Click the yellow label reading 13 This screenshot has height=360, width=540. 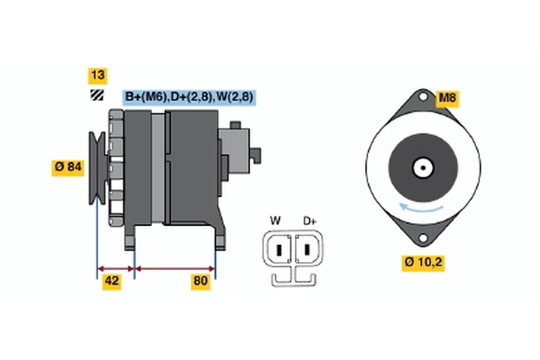click(x=96, y=75)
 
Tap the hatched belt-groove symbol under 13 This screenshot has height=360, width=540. click(x=95, y=95)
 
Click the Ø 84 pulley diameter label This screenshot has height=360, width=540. click(x=70, y=166)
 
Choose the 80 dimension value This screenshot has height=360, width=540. click(x=201, y=282)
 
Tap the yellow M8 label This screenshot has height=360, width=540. click(x=447, y=98)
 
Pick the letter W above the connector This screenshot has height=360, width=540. click(x=275, y=220)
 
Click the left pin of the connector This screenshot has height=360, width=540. click(x=280, y=248)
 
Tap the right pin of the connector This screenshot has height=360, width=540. click(x=306, y=248)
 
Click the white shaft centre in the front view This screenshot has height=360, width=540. click(x=422, y=167)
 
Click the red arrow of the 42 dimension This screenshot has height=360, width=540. click(x=115, y=268)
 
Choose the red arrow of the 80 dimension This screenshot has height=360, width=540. click(x=175, y=268)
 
